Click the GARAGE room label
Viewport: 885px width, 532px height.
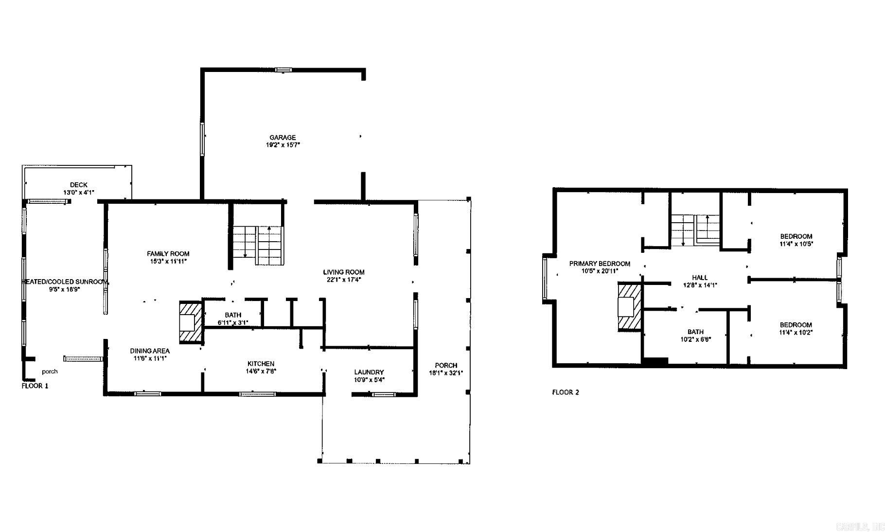coord(283,138)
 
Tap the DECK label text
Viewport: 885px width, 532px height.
coord(78,185)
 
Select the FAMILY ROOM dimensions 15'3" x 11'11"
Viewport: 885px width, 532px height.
coord(168,261)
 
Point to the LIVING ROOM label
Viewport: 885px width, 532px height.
coord(343,272)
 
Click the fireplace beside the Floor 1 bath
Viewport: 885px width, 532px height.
coord(190,322)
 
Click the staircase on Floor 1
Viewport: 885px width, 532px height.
coord(257,245)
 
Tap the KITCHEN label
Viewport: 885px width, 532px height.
coord(261,364)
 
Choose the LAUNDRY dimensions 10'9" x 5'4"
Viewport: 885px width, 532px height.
coord(369,380)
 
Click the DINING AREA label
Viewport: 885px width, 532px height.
coord(150,351)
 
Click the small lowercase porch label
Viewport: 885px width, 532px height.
coord(50,372)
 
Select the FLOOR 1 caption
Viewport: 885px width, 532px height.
coord(35,386)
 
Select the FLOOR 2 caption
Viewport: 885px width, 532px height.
coord(566,392)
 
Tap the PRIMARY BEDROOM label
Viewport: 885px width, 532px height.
coord(600,264)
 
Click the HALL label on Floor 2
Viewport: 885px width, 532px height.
coord(700,278)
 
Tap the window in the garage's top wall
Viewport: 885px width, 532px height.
coord(283,70)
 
